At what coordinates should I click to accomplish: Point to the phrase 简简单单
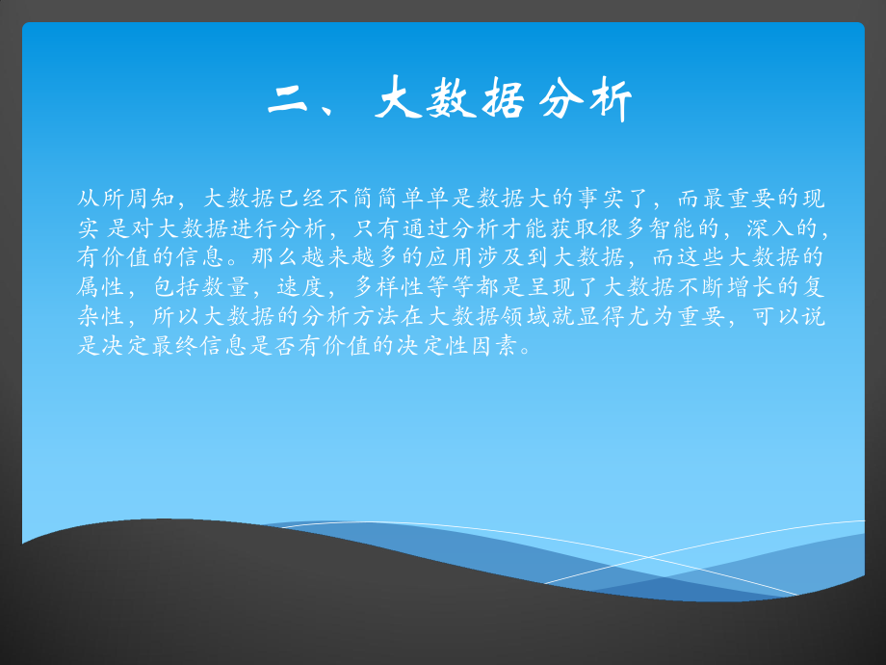417,199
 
